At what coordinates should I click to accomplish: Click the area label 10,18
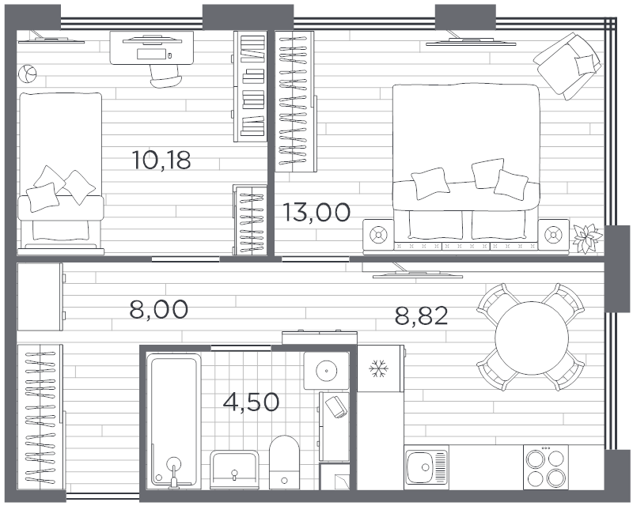(x=161, y=160)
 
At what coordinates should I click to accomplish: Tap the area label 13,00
(x=316, y=212)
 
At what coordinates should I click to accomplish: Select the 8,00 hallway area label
(x=159, y=309)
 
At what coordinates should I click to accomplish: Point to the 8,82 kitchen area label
(x=422, y=315)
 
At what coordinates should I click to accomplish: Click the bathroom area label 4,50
(x=251, y=402)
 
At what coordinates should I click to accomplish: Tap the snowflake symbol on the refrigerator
(x=379, y=368)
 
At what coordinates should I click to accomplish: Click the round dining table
(x=531, y=338)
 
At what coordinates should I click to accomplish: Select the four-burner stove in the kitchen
(x=545, y=467)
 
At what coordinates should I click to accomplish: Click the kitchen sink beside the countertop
(x=426, y=467)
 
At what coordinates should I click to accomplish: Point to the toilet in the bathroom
(x=284, y=463)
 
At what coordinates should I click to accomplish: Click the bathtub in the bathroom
(x=174, y=421)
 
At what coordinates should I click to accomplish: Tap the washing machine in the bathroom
(x=326, y=371)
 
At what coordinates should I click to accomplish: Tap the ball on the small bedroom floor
(x=28, y=74)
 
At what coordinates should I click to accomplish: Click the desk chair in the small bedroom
(x=164, y=76)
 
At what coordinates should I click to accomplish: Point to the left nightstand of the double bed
(x=378, y=235)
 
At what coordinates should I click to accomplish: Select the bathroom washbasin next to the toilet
(x=233, y=470)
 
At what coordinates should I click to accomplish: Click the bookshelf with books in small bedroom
(x=250, y=86)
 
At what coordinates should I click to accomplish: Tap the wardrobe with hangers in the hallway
(x=40, y=417)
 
